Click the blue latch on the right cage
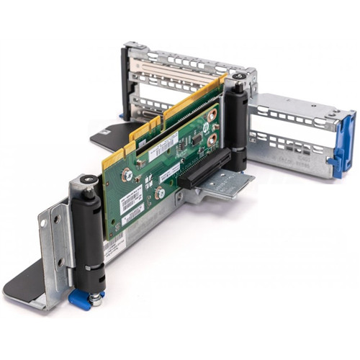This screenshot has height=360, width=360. [343, 143]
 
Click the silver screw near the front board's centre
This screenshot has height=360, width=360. [160, 192]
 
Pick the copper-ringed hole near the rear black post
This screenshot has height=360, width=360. [212, 115]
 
